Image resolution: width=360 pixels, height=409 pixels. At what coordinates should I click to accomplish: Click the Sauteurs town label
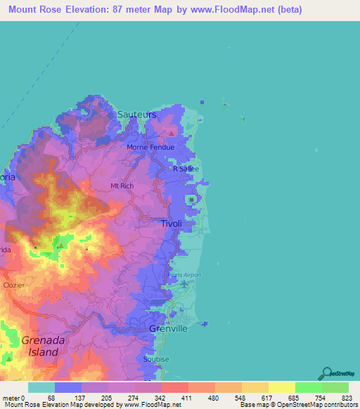(136, 114)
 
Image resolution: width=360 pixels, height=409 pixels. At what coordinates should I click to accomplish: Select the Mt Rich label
(122, 186)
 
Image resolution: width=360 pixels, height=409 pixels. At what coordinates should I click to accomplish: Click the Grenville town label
(169, 328)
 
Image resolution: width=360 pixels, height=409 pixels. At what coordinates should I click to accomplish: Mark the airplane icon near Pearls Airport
(184, 283)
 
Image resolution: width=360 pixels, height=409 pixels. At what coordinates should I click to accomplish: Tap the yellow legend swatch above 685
(282, 387)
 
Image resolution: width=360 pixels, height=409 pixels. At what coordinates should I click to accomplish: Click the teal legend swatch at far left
(41, 387)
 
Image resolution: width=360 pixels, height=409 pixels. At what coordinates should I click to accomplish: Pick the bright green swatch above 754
(309, 387)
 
